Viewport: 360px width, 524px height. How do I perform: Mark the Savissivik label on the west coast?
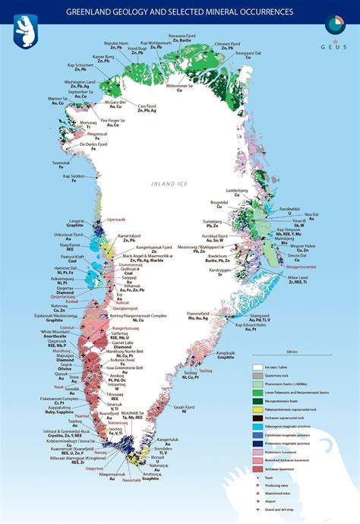(62, 163)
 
